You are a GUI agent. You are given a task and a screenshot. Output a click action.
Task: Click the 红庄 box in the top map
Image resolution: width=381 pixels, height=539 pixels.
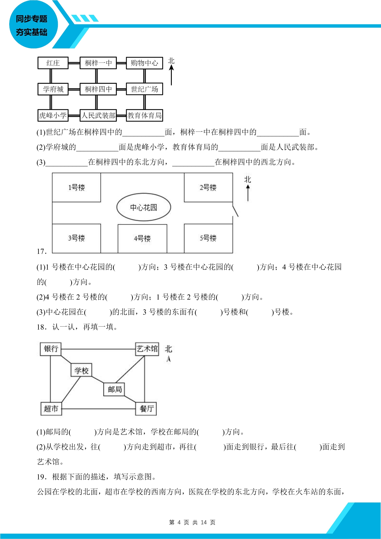[x=53, y=63]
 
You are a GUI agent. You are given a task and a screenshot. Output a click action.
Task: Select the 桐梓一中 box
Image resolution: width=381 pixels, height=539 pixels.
[x=98, y=63]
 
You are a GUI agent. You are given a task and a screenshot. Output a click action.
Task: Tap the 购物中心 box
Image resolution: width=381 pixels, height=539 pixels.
[x=144, y=63]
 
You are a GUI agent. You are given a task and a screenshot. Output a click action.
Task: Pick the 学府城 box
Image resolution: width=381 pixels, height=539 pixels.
[x=53, y=89]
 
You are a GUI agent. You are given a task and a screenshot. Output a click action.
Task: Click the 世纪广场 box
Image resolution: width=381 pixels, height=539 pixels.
[x=144, y=89]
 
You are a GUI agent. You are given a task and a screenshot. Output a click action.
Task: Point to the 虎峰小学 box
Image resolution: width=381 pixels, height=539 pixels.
[x=53, y=115]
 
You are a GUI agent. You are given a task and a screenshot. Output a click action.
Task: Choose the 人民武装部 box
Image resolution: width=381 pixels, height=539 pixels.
[x=98, y=115]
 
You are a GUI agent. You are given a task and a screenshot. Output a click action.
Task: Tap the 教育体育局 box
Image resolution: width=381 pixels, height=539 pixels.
[x=144, y=115]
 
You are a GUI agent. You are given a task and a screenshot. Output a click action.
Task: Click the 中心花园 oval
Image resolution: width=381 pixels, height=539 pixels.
[x=144, y=207]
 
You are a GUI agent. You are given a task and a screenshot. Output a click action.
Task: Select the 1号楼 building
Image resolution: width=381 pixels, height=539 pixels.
[x=76, y=188]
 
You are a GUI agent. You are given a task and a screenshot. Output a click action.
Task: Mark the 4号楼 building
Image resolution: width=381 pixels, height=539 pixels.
[x=142, y=239]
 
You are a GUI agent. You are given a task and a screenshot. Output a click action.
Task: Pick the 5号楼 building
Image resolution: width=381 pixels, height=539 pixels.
[x=208, y=238]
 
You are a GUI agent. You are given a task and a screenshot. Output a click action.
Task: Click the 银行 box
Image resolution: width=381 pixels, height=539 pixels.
[x=51, y=349]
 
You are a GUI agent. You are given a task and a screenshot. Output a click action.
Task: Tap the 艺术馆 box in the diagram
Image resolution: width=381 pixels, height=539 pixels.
[x=147, y=349]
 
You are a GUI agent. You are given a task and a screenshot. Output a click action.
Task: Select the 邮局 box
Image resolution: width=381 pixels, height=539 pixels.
[x=114, y=389]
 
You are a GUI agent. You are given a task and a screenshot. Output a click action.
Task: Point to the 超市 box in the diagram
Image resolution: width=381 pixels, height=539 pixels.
[x=51, y=409]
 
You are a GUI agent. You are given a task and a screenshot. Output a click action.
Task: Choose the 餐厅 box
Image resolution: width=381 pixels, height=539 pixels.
[x=146, y=409]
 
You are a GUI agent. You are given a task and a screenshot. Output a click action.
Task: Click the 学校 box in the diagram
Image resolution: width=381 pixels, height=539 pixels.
[x=81, y=370]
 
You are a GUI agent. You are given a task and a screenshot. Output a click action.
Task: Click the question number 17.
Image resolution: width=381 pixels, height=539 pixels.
[x=42, y=251]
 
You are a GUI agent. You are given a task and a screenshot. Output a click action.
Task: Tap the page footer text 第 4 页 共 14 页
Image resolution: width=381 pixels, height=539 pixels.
[x=192, y=522]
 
